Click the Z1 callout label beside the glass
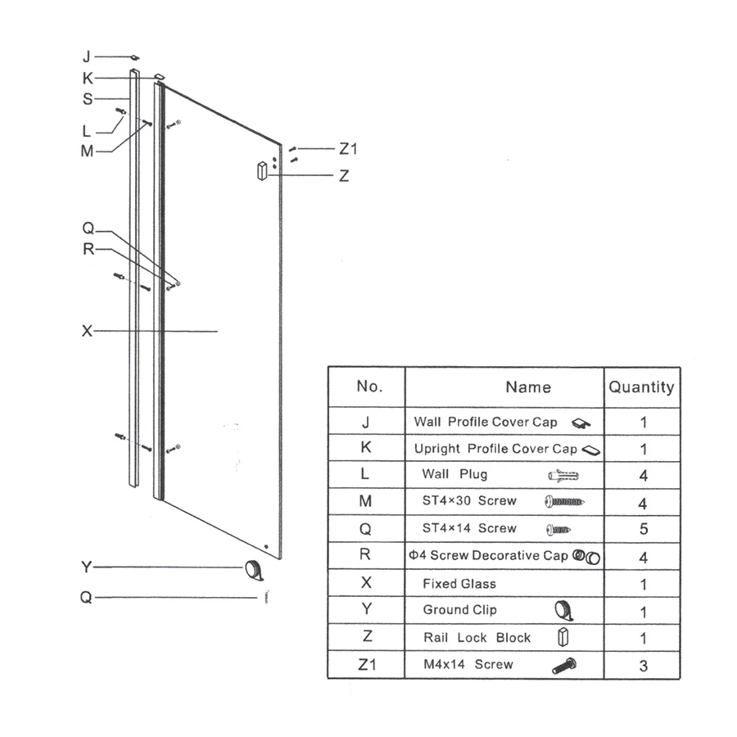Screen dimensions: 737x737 coord(349,149)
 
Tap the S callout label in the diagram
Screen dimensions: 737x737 coord(88,99)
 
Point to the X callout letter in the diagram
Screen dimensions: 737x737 coord(87,331)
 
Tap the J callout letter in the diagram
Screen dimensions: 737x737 coord(87,57)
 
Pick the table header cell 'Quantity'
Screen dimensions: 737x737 coord(641,387)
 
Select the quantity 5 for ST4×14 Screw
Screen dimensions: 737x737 coord(643,529)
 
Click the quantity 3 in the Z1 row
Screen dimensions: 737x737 coord(643,666)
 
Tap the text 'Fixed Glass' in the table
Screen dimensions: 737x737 coord(459,584)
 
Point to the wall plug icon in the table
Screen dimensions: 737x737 coord(563,476)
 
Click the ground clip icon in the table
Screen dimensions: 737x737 coord(563,610)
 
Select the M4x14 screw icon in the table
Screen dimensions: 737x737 coord(564,666)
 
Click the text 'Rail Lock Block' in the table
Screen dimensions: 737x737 coord(477,638)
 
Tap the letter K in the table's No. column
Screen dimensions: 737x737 coord(366,448)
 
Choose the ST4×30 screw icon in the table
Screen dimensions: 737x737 coord(563,502)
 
